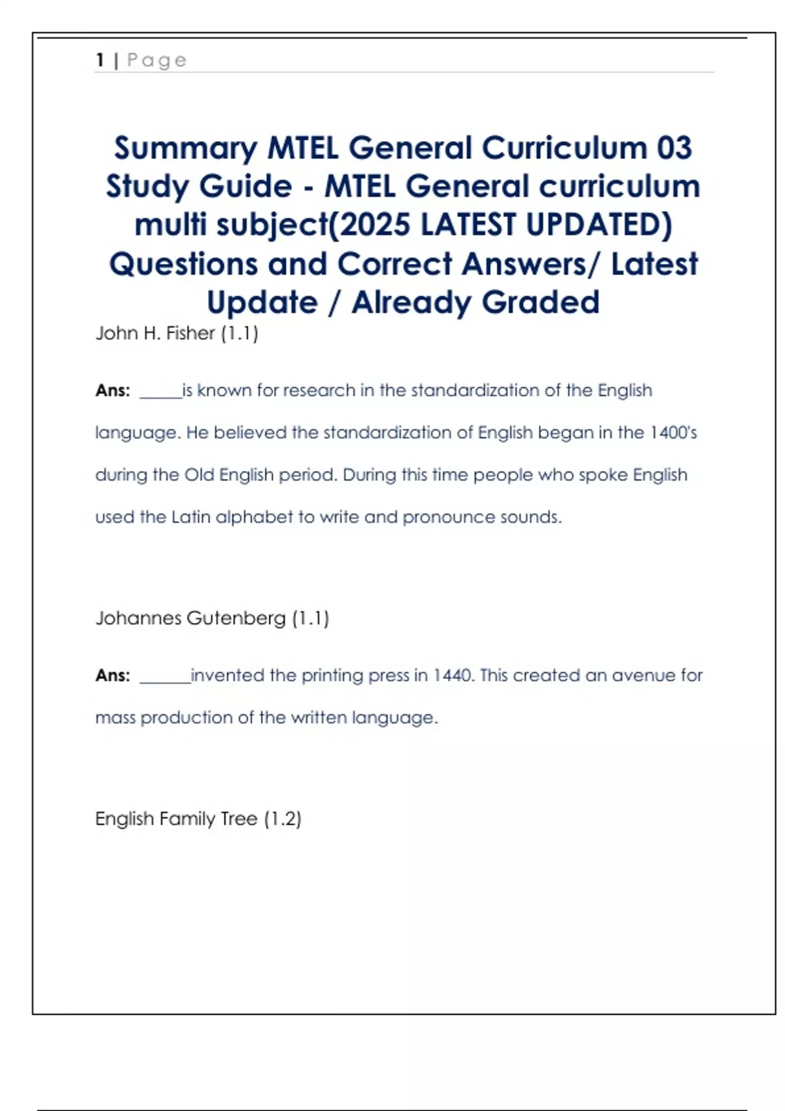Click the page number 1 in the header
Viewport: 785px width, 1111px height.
(x=100, y=60)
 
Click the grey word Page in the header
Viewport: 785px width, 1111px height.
(x=157, y=61)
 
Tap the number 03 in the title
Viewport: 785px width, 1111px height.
(x=674, y=148)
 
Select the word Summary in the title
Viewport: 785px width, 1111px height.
(x=186, y=149)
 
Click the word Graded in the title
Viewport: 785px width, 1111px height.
(x=540, y=302)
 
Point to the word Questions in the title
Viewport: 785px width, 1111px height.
(x=183, y=264)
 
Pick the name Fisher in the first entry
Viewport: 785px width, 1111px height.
(x=190, y=333)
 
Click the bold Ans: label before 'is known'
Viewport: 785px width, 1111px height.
(x=113, y=391)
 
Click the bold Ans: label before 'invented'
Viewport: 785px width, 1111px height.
(x=113, y=676)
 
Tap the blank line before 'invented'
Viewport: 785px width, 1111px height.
(x=165, y=680)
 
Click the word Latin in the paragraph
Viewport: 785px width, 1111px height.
(x=190, y=517)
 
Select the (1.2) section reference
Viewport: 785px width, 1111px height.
(x=283, y=819)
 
